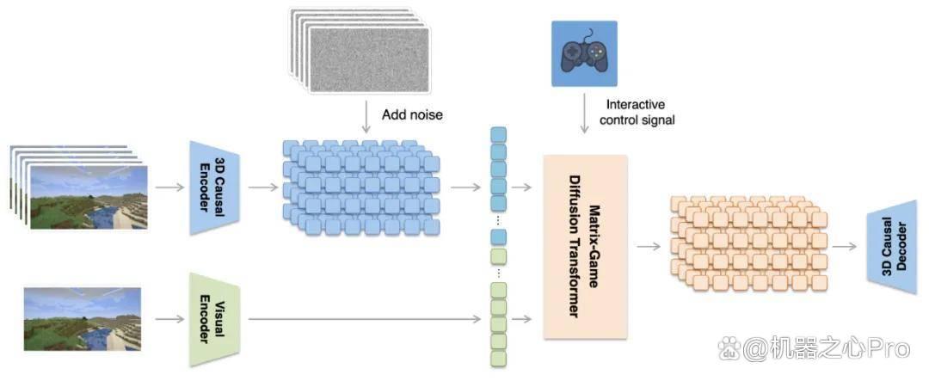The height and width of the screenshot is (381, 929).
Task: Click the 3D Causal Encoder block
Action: [214, 187]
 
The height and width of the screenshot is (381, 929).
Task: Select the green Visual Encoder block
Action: [214, 319]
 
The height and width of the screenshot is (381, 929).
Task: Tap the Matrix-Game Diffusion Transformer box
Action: [586, 247]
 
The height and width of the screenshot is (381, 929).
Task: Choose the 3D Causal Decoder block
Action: [892, 247]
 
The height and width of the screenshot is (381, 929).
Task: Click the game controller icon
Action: [584, 53]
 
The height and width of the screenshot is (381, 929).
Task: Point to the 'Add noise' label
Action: [412, 114]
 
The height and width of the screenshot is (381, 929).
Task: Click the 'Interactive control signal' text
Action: [637, 112]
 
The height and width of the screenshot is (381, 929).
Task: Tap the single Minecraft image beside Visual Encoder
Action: [83, 319]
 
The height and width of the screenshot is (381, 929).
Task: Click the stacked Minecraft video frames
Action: [79, 187]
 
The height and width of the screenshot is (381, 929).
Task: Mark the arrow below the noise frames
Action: [366, 117]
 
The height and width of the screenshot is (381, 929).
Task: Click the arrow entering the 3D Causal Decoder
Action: [846, 246]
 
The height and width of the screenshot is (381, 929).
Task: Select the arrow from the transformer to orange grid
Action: [649, 246]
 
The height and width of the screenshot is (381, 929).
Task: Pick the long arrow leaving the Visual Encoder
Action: [365, 319]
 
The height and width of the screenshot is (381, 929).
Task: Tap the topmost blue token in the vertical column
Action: [499, 134]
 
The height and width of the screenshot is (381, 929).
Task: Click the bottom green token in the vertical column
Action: [499, 359]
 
